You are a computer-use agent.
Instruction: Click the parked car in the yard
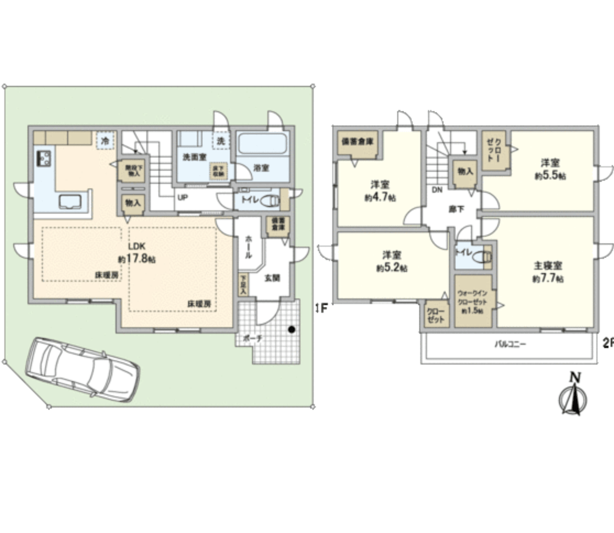[x=83, y=369]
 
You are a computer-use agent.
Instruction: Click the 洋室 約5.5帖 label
[x=550, y=169]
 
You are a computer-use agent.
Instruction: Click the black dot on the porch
[x=291, y=330]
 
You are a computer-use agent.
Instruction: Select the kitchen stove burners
[x=43, y=159]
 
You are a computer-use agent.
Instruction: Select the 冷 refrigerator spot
[x=105, y=140]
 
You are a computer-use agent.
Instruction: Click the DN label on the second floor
[x=437, y=190]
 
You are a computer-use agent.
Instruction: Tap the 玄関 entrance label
[x=272, y=278]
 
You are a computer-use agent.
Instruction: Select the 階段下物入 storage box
[x=132, y=170]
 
